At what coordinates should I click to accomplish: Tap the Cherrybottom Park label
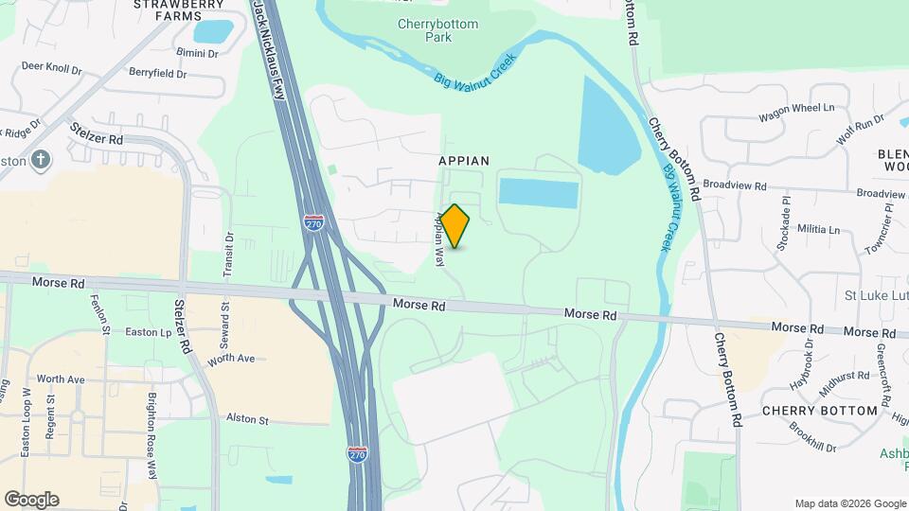pos(437,30)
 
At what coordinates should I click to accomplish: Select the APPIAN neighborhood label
pos(464,161)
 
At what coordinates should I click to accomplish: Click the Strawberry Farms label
pos(179,9)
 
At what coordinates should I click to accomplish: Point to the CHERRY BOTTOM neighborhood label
pos(820,412)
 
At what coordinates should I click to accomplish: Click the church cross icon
pos(40,159)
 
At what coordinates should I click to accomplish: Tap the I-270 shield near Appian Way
pos(314,222)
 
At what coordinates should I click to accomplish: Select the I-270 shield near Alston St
pos(357,454)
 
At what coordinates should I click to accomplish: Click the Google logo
pos(31,500)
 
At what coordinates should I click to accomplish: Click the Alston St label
pos(247,419)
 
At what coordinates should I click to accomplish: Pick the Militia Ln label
pos(819,229)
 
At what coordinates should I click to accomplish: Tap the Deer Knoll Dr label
pos(51,68)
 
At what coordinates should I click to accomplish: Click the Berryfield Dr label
pos(158,73)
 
